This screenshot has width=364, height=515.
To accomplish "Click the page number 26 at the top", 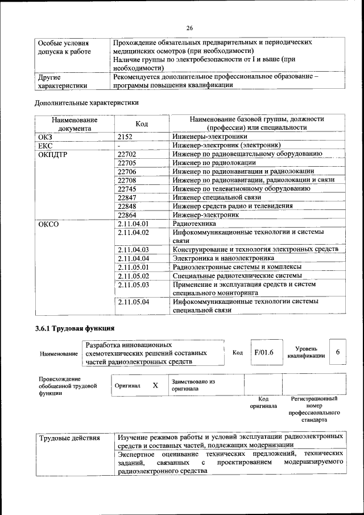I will click(189, 27).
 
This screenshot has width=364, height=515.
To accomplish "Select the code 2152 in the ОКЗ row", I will click(125, 137).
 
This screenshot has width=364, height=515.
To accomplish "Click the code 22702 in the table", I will click(127, 154).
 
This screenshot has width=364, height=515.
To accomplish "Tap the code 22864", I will click(127, 215).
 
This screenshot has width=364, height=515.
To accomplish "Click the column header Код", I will click(142, 124).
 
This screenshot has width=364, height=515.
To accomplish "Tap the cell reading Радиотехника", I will click(193, 224).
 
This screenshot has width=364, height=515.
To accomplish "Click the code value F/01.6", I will click(264, 352).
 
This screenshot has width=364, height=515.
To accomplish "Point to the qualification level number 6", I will click(337, 352).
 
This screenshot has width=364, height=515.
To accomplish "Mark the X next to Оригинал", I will click(155, 385).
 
